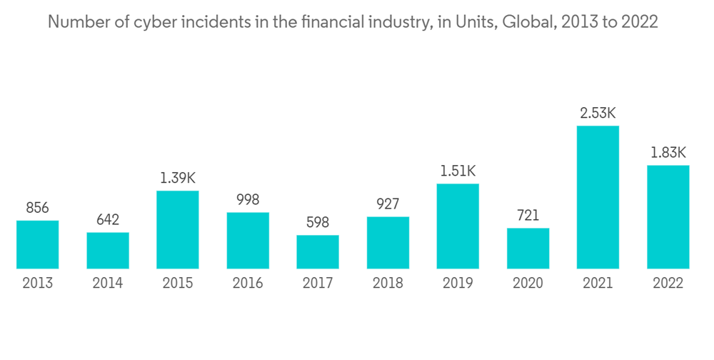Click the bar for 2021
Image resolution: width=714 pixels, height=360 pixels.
tap(598, 197)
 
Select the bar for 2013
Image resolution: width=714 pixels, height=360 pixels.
tap(38, 244)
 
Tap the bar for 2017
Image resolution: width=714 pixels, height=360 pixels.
tap(318, 251)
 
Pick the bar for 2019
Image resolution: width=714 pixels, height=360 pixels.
tap(458, 226)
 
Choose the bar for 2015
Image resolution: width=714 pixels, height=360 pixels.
tap(178, 229)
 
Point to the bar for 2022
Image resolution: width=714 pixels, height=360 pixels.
tap(668, 217)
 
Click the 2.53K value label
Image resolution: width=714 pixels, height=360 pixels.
tap(598, 114)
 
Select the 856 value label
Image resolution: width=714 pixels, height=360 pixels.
tap(38, 208)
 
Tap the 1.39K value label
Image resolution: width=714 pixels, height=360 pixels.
tap(178, 178)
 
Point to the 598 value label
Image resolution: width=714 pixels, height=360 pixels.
tap(318, 222)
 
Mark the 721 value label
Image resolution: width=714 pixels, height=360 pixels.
tap(528, 215)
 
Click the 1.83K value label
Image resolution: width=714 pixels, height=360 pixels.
tap(668, 152)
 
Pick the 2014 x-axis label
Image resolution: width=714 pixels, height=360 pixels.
tap(108, 283)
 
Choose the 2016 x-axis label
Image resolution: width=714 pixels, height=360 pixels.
tap(248, 283)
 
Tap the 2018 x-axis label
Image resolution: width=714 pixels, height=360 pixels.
tap(388, 283)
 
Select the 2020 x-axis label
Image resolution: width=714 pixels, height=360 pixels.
tap(528, 283)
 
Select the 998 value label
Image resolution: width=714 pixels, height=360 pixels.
tap(248, 199)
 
